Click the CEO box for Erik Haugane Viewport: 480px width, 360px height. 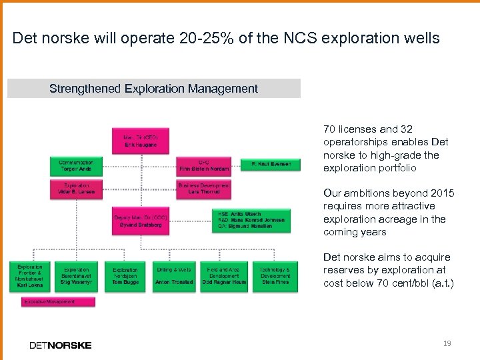pyautogui.click(x=139, y=140)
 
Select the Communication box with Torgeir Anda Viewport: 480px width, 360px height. pyautogui.click(x=76, y=165)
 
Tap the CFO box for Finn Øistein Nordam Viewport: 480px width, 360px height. pyautogui.click(x=204, y=165)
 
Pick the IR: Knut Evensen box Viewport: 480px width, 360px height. pyautogui.click(x=270, y=163)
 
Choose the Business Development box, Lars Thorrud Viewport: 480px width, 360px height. pyautogui.click(x=204, y=189)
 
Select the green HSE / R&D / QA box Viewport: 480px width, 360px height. pyautogui.click(x=251, y=221)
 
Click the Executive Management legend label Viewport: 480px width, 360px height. pyautogui.click(x=58, y=302)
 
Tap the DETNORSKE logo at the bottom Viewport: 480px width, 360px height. pyautogui.click(x=61, y=345)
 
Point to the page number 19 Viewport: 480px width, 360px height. pyautogui.click(x=447, y=343)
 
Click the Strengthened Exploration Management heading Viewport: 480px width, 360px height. pyautogui.click(x=154, y=89)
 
